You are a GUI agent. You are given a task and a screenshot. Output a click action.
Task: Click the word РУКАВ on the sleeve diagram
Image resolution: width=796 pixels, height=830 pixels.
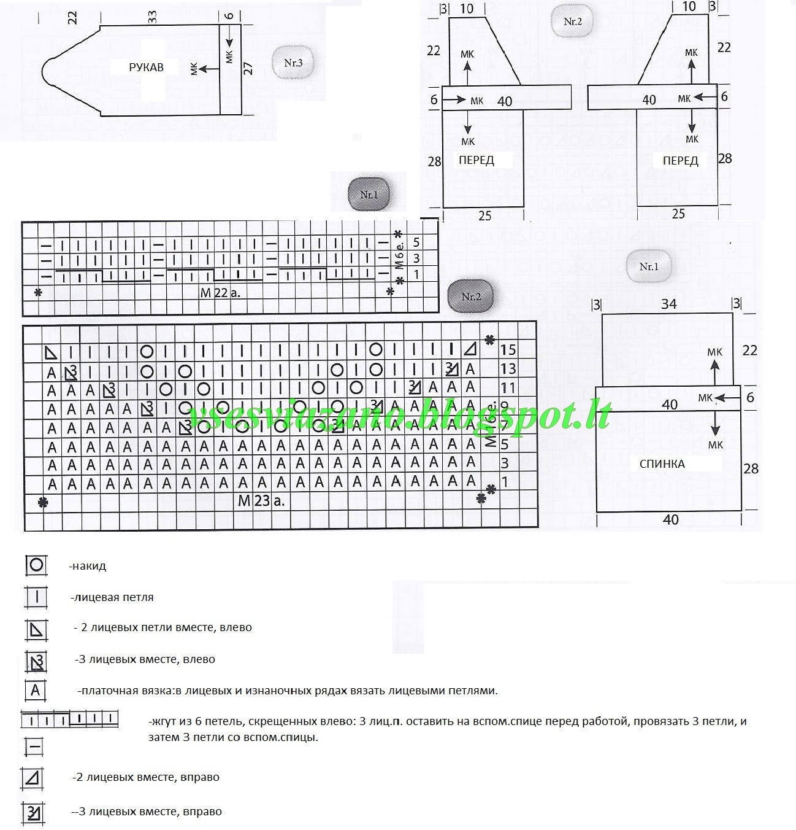pyautogui.click(x=146, y=68)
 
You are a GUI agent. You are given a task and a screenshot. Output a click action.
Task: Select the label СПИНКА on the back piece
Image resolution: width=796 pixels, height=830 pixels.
pyautogui.click(x=662, y=464)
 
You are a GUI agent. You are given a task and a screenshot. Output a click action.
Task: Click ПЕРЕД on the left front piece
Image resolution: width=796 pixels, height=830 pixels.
pyautogui.click(x=476, y=160)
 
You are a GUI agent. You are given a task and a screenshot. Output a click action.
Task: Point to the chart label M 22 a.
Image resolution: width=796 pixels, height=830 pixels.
pyautogui.click(x=220, y=293)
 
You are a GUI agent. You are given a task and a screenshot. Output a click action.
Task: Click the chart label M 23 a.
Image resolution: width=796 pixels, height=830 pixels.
pyautogui.click(x=261, y=501)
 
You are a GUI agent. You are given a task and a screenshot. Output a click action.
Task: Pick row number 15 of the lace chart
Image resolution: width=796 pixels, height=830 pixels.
pyautogui.click(x=508, y=350)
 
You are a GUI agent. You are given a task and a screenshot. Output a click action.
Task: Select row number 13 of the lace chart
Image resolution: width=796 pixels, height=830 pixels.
pyautogui.click(x=508, y=369)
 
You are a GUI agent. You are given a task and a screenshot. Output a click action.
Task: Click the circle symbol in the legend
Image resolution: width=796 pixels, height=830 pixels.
pyautogui.click(x=36, y=565)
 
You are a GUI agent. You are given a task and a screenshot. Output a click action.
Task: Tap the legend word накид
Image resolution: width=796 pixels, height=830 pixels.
pyautogui.click(x=88, y=566)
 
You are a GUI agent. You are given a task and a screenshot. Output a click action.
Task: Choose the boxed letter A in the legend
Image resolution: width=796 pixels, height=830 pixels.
pyautogui.click(x=36, y=690)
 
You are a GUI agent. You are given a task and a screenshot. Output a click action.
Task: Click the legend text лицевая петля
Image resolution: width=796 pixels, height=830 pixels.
pyautogui.click(x=112, y=597)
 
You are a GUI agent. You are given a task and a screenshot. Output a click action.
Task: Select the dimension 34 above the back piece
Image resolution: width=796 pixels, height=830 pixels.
pyautogui.click(x=668, y=304)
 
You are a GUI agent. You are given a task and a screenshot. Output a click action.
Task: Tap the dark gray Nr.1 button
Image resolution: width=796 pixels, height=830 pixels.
pyautogui.click(x=369, y=195)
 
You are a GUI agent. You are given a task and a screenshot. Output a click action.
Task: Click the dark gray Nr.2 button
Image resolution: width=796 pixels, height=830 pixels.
pyautogui.click(x=471, y=297)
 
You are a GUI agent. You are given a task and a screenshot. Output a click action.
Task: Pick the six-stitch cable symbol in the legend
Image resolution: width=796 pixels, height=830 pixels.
pyautogui.click(x=69, y=718)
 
